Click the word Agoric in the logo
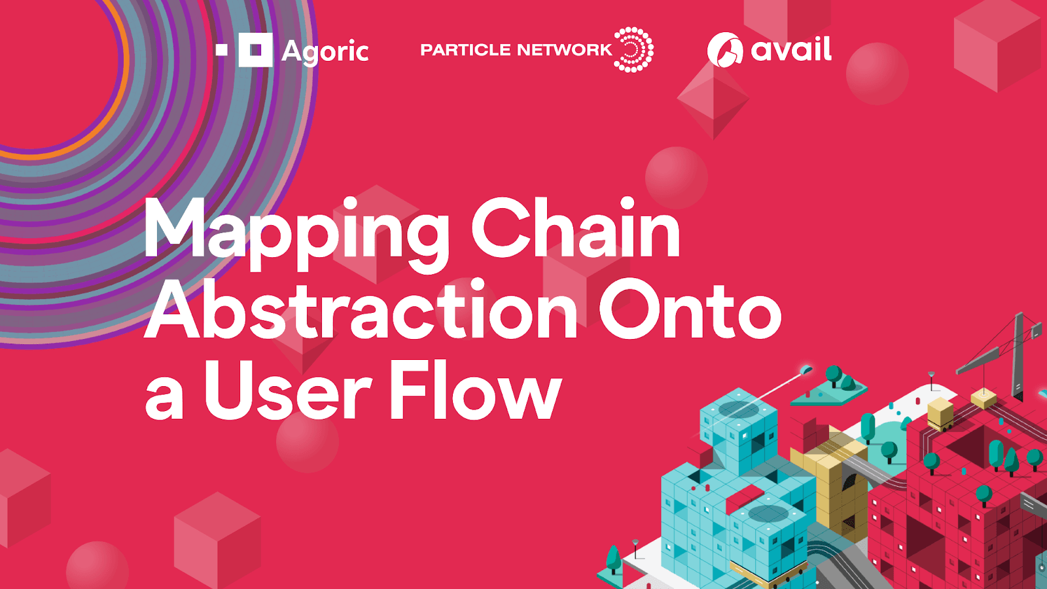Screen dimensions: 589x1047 point(325,51)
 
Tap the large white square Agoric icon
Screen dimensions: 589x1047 point(255,50)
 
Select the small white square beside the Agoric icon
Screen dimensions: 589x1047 point(222,50)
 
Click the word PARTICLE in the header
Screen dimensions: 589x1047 point(465,50)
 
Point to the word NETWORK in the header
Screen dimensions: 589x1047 point(564,50)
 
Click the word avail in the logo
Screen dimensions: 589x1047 point(791,50)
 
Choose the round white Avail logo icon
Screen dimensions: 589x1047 point(725,50)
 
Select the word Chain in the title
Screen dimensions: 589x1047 point(576,229)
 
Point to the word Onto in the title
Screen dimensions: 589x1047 point(690,310)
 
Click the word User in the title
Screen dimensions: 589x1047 point(288,391)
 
